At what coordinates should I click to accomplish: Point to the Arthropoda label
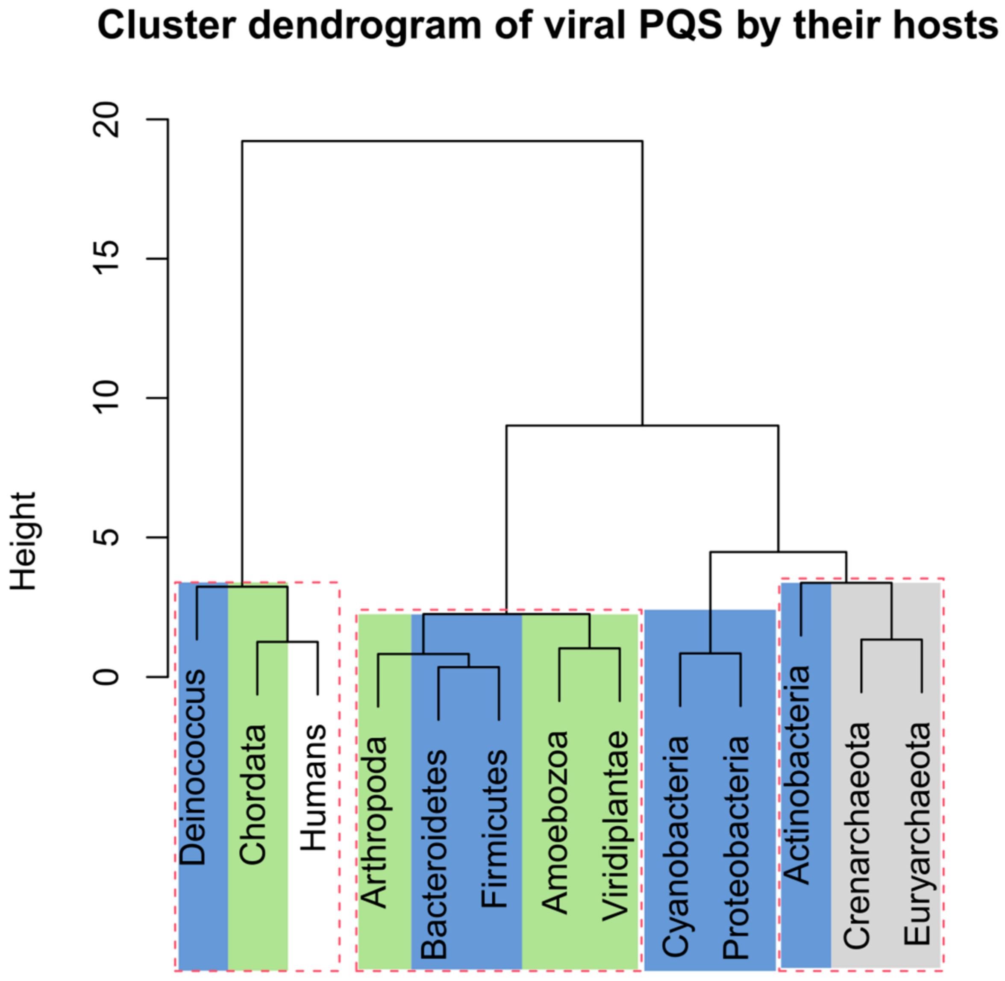click(375, 822)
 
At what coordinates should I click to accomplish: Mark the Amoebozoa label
click(555, 822)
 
